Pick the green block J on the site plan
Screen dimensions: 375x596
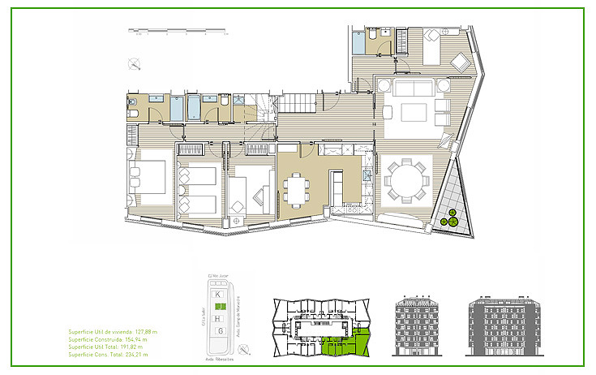point(219,306)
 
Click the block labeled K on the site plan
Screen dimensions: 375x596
point(218,295)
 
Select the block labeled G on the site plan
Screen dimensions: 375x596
point(219,330)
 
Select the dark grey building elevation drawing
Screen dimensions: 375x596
point(504,325)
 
